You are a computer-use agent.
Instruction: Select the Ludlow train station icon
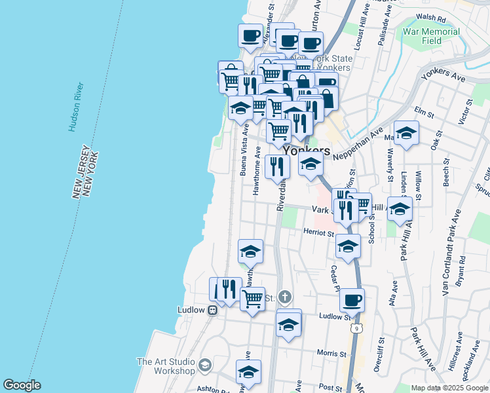212,310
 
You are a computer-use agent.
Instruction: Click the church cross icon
284,297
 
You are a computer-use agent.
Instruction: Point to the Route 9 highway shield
356,327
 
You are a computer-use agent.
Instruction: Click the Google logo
22,385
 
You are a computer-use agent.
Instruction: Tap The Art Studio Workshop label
165,366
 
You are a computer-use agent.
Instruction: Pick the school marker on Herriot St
348,246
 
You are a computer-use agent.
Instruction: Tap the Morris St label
331,354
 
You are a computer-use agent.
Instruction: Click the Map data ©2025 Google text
449,388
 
